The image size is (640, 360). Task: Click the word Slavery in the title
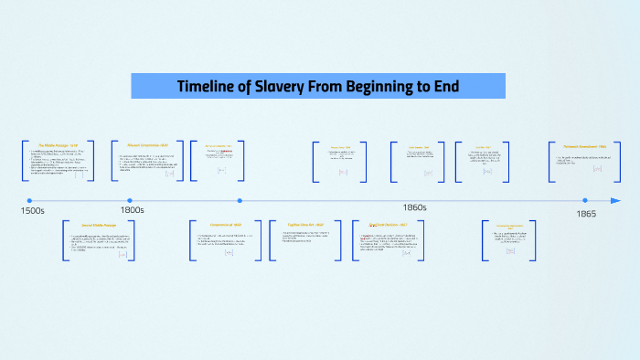(278, 88)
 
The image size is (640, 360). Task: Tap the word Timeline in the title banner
(207, 88)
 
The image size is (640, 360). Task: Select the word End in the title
(445, 88)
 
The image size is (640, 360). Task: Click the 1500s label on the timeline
(33, 211)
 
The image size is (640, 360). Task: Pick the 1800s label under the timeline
(132, 211)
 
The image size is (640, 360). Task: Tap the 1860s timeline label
(415, 208)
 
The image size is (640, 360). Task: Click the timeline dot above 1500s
(29, 200)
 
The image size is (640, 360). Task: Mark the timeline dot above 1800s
(130, 200)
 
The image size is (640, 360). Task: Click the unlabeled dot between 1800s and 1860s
(240, 200)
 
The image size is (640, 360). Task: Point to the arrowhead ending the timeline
(616, 200)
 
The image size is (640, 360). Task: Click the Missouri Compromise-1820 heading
(148, 143)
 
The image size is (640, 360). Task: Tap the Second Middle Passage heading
(98, 225)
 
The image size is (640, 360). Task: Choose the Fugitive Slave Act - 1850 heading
(305, 225)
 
